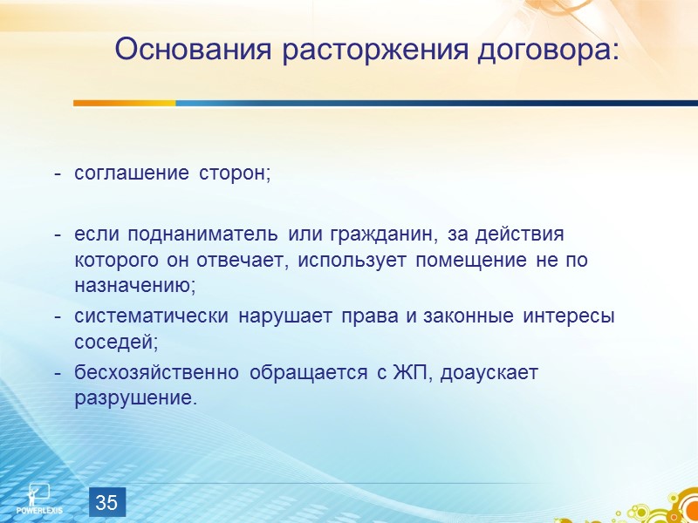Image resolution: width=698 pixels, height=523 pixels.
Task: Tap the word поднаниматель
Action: pyautogui.click(x=198, y=235)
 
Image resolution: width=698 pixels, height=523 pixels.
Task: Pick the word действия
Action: pyautogui.click(x=524, y=235)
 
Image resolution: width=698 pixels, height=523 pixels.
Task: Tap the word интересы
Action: pyautogui.click(x=569, y=316)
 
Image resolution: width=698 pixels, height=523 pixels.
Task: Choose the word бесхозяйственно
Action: pyautogui.click(x=157, y=373)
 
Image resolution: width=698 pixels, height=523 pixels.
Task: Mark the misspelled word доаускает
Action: pyautogui.click(x=490, y=373)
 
